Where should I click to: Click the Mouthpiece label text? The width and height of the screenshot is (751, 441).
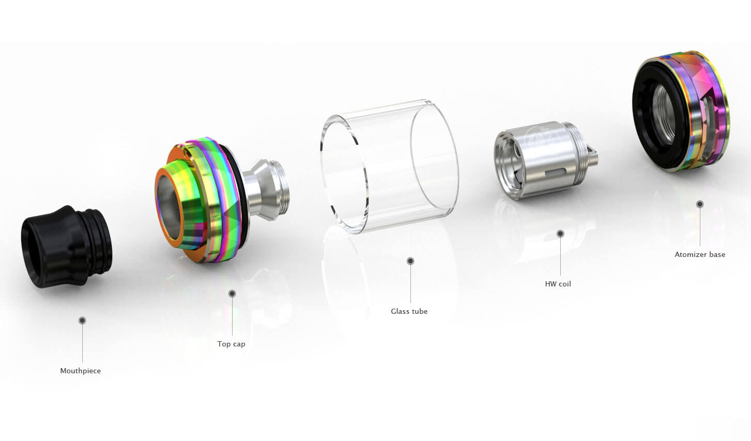point(81,371)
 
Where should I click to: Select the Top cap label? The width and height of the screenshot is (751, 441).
point(232,344)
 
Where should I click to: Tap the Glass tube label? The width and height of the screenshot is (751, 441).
point(409,311)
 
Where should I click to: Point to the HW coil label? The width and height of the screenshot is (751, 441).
point(558,284)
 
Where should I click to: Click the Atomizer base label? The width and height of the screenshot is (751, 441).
point(700,254)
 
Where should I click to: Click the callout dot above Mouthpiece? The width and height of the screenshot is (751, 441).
point(82,320)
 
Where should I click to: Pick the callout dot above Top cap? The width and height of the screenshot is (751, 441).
point(232,294)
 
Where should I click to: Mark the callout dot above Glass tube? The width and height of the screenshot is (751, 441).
point(410,261)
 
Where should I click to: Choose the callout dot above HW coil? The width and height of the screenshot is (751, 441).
point(560,233)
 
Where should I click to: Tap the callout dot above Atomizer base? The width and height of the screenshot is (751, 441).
point(700,204)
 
